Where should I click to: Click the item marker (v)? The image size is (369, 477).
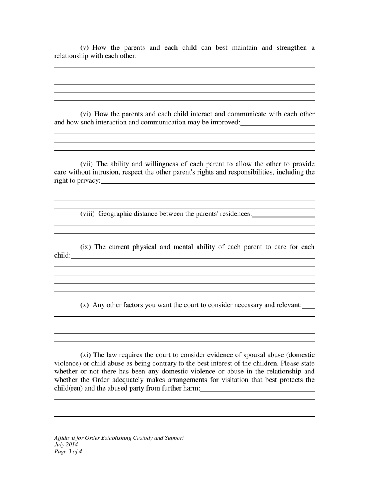click(x=85, y=48)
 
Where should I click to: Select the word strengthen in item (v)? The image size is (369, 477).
click(x=291, y=48)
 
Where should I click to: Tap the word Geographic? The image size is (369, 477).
click(x=115, y=214)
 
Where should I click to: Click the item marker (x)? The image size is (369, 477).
click(x=85, y=305)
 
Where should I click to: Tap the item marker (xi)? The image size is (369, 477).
click(x=85, y=355)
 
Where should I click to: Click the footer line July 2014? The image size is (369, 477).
click(x=66, y=445)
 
